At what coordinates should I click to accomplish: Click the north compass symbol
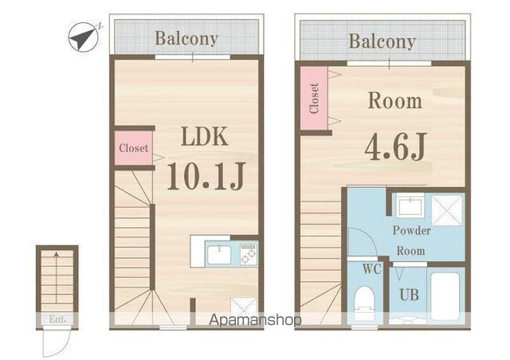coord(84,37)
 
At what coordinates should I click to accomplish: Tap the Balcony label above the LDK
coord(186,39)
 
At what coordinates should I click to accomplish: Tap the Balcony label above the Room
coord(382,41)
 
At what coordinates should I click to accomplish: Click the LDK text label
coord(205,136)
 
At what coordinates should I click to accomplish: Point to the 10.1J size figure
coord(206,176)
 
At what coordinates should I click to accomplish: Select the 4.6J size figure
coord(395,147)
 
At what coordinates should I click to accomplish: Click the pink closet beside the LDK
coord(133,148)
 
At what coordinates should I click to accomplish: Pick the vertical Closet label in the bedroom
coord(314,98)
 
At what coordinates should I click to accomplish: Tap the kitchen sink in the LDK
coord(219,254)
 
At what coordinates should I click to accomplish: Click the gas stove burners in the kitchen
coord(249,254)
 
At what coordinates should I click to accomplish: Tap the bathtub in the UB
coord(445,296)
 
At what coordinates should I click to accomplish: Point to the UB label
coord(409,295)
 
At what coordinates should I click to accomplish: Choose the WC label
coord(372,269)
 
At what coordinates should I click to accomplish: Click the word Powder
coord(411,230)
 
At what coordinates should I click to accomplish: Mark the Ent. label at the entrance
coord(57,319)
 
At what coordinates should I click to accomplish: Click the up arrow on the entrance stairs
coord(57,277)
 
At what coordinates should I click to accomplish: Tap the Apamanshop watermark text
coord(255,320)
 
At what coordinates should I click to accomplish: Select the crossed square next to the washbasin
coord(447,210)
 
